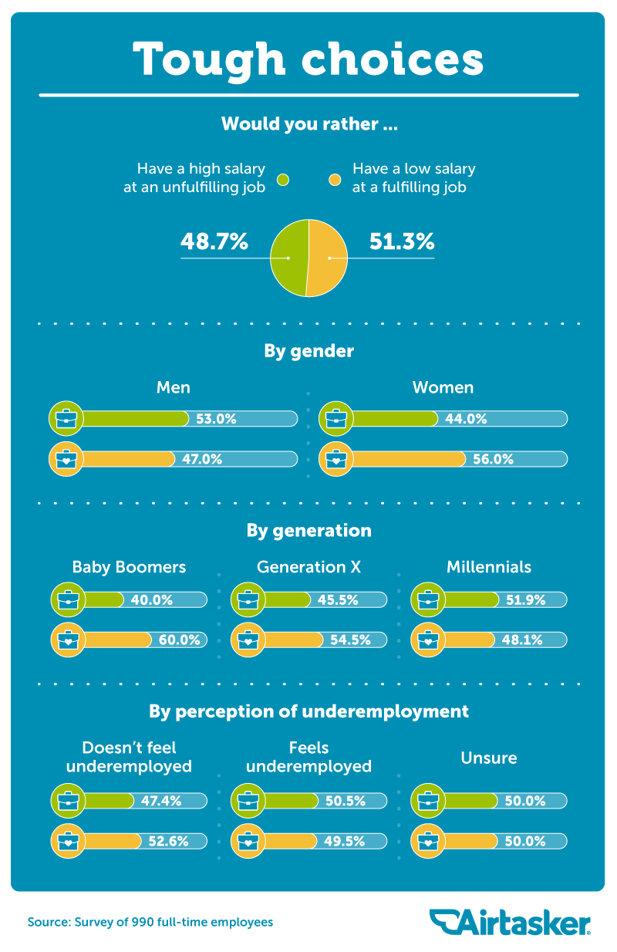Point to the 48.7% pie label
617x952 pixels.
214,241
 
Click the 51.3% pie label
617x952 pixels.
402,241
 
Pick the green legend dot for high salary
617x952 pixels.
283,180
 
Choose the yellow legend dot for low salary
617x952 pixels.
335,180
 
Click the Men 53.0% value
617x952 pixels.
215,419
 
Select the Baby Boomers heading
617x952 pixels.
129,567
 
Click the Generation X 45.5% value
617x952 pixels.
338,600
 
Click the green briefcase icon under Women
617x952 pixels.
335,419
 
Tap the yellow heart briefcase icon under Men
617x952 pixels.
66,459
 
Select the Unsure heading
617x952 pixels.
489,758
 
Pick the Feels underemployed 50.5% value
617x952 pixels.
345,801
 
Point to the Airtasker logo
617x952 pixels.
510,922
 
